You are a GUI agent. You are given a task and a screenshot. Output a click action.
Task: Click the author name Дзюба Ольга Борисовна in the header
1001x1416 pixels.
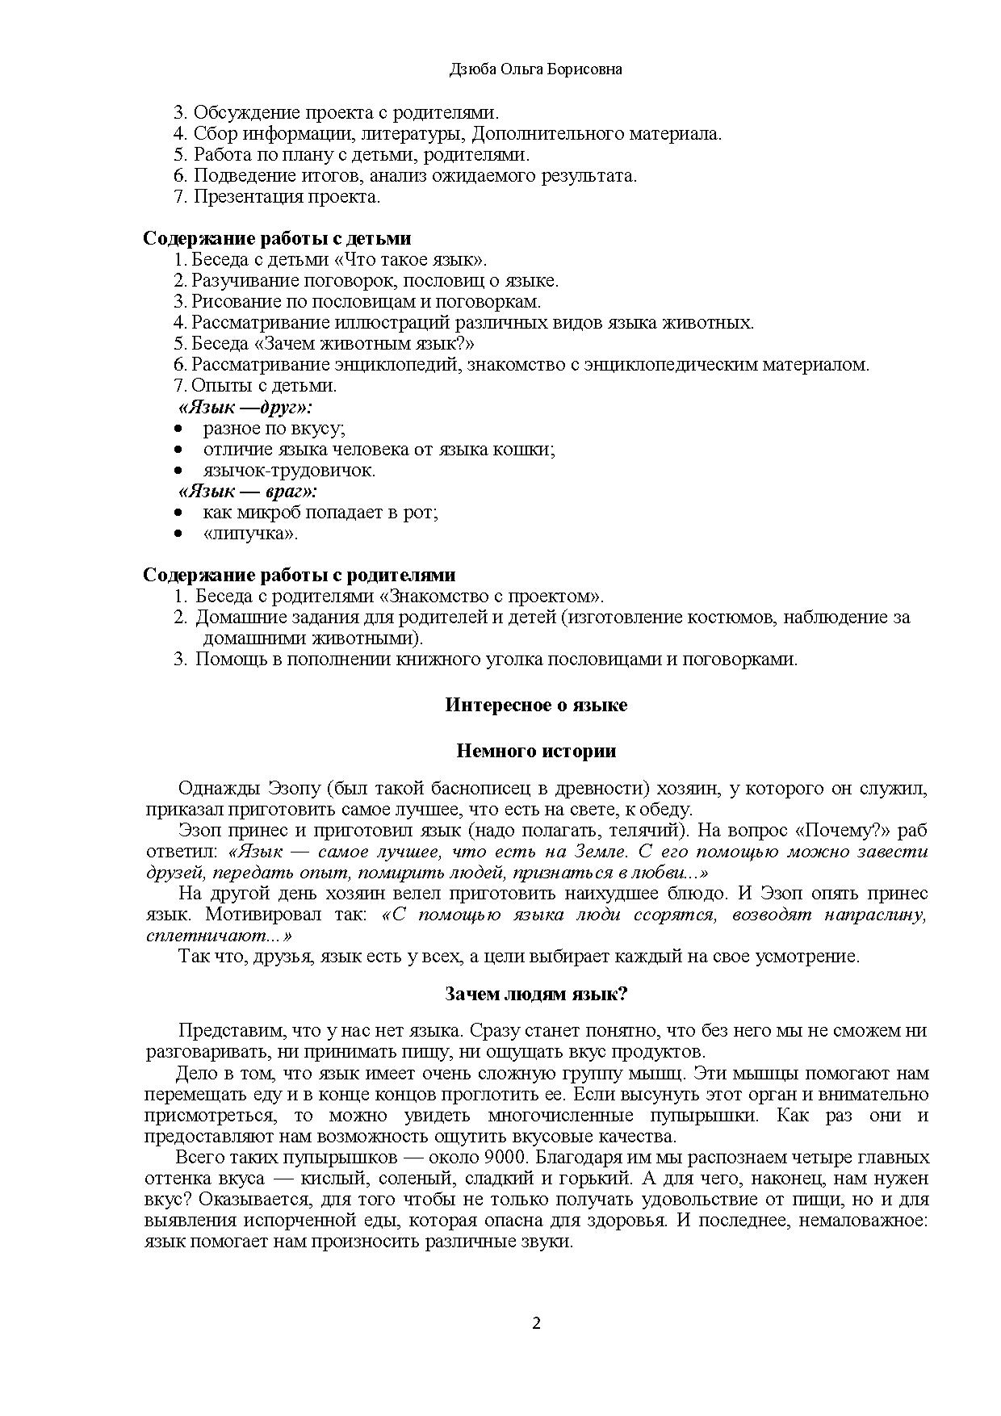535,70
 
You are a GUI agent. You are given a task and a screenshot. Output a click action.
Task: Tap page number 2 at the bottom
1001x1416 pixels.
536,1323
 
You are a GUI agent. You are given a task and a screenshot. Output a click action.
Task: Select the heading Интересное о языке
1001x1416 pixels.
535,705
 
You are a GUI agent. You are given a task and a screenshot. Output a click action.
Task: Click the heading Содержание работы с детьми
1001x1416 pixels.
277,238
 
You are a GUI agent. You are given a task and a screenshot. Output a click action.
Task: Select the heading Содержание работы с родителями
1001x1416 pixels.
299,575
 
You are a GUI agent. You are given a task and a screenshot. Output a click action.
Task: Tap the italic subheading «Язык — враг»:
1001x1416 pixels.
248,491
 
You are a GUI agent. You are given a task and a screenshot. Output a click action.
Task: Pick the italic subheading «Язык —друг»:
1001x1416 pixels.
245,408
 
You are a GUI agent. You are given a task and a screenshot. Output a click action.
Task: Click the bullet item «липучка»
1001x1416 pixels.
250,533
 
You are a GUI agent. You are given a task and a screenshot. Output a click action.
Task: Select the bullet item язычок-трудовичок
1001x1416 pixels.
289,470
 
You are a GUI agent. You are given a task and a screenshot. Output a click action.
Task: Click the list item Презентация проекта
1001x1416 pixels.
287,196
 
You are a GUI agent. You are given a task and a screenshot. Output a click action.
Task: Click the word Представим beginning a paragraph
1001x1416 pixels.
231,1031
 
